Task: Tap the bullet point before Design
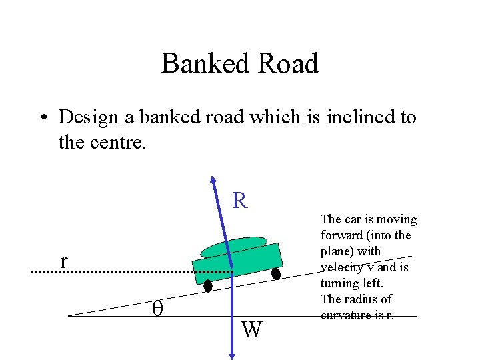(43, 118)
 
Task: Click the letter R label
(240, 200)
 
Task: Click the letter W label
(251, 329)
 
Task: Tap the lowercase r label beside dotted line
(63, 261)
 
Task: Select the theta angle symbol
(158, 307)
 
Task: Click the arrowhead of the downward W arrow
(231, 355)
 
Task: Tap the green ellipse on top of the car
(233, 247)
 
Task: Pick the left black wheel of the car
(208, 286)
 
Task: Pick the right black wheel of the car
(275, 273)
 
